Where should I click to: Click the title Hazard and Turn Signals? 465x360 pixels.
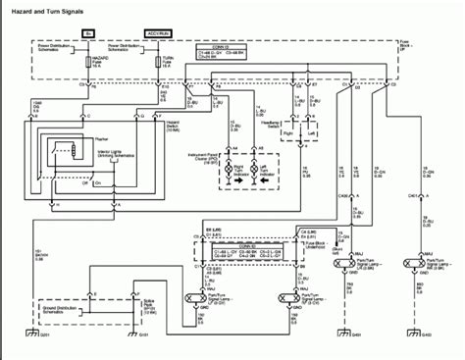pos(47,10)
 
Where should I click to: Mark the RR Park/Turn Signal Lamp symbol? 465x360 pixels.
pos(424,265)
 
